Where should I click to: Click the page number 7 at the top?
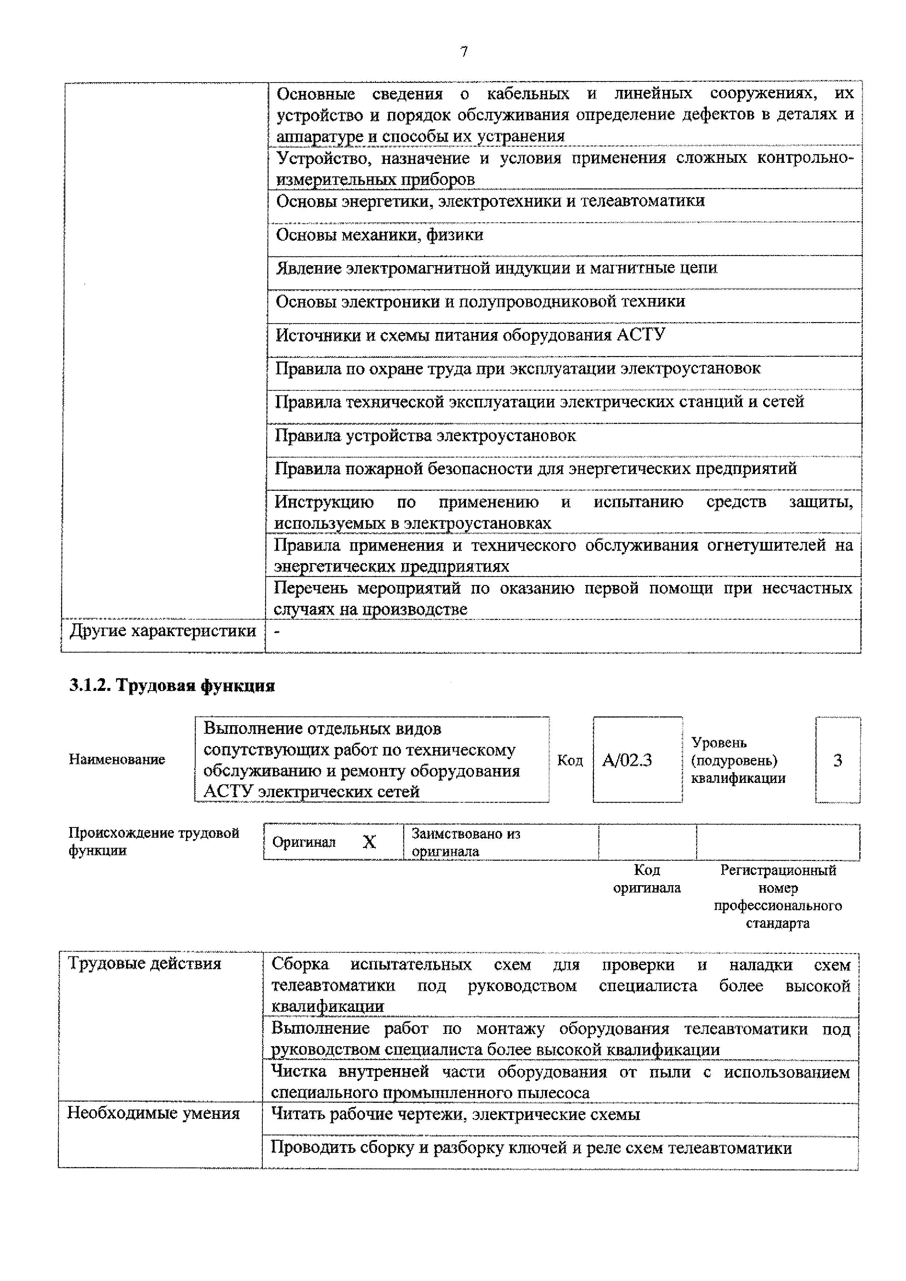point(464,52)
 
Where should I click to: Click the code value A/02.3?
point(626,760)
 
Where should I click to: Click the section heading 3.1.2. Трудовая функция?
point(172,686)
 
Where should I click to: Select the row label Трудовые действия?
point(145,964)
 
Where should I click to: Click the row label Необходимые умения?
point(153,1113)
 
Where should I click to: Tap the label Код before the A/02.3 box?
point(569,760)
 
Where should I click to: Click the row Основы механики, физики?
point(380,235)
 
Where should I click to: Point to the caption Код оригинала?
point(647,879)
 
